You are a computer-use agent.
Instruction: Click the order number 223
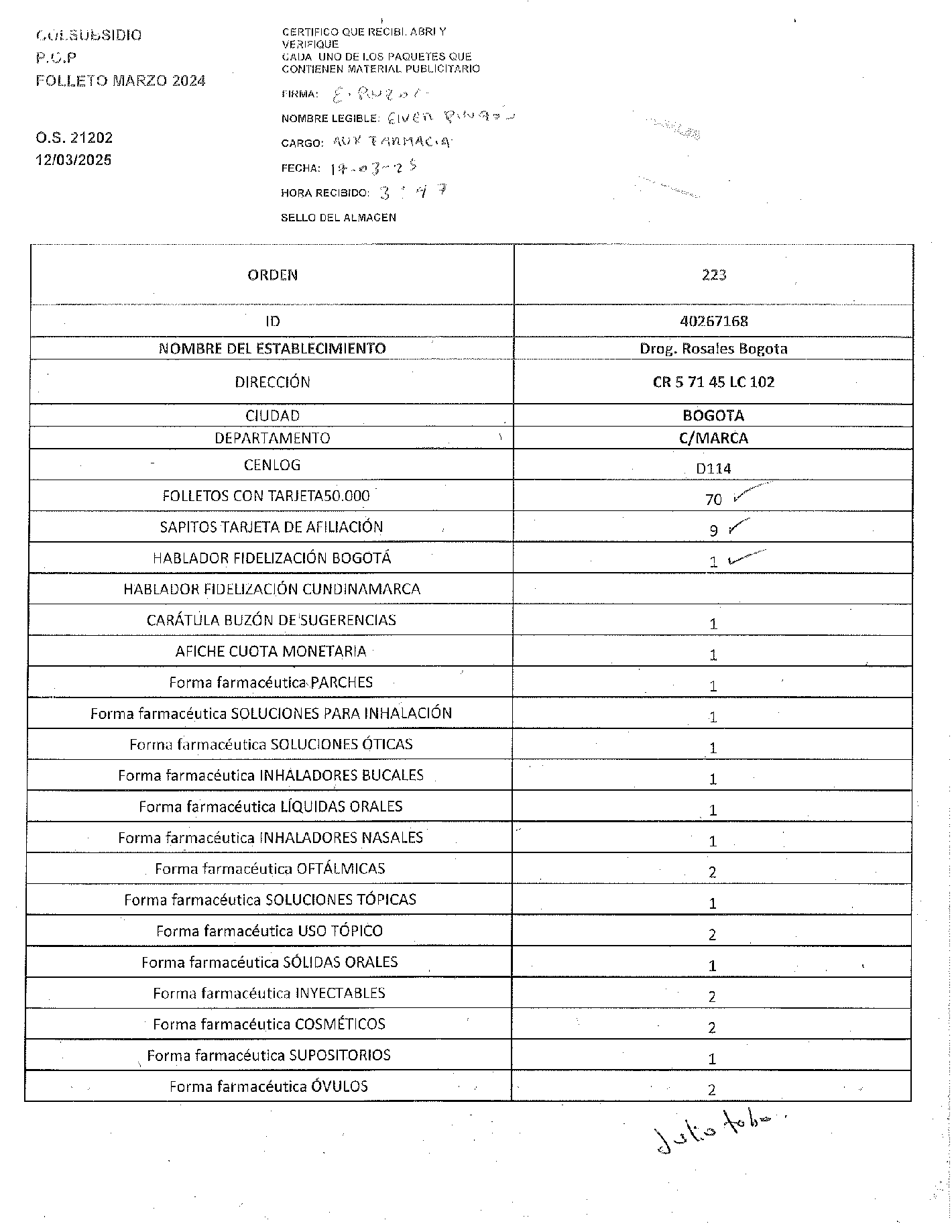(713, 275)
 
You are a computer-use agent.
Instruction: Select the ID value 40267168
(713, 321)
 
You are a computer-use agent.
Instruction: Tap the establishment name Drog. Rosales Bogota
(713, 349)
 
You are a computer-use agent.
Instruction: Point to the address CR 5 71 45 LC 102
(713, 382)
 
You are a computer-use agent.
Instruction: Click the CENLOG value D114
(713, 469)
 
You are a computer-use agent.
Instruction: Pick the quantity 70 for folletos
(713, 500)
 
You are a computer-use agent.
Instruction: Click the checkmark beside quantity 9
(738, 526)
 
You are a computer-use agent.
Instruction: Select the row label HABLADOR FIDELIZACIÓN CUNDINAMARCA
(272, 590)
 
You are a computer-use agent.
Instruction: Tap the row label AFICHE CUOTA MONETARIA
(271, 651)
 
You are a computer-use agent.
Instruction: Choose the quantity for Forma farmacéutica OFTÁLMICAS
(713, 872)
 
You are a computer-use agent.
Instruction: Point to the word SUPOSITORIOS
(340, 1055)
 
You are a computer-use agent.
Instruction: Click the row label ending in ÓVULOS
(269, 1086)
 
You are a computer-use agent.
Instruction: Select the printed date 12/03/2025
(74, 160)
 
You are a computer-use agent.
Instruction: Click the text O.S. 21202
(74, 138)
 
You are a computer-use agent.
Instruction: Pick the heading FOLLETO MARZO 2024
(121, 81)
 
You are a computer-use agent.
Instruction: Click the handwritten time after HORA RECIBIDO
(413, 193)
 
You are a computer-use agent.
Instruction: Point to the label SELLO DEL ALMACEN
(339, 217)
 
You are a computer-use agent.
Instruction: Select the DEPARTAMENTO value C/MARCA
(713, 439)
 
